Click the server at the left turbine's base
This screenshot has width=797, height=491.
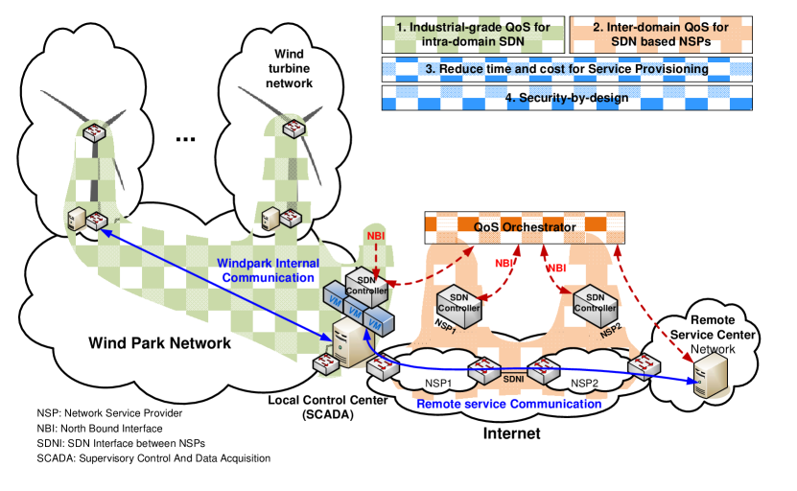click(x=77, y=221)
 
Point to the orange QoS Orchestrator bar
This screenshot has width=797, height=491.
click(x=524, y=226)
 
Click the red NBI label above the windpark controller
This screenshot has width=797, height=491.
click(x=375, y=233)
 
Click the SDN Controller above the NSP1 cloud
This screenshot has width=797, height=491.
click(x=458, y=304)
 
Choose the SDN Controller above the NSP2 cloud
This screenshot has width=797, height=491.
click(x=595, y=304)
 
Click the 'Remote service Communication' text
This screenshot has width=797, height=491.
click(x=508, y=404)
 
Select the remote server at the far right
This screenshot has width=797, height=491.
click(x=709, y=374)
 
